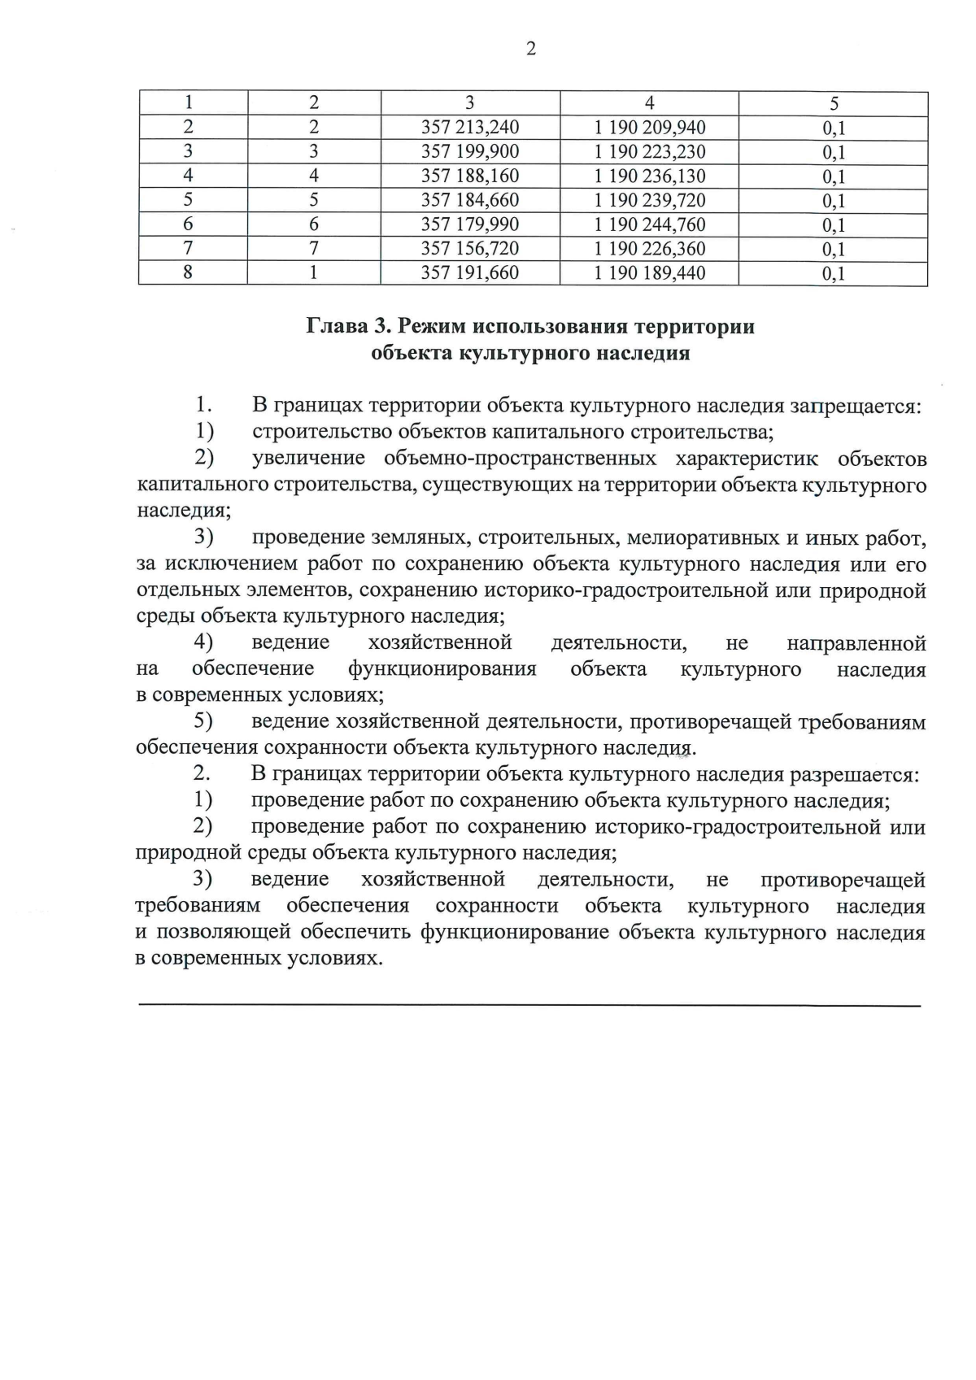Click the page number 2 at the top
tap(531, 50)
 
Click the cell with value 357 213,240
tap(469, 128)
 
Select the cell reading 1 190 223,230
tap(649, 152)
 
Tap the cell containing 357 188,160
tap(469, 176)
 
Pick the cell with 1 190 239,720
tap(649, 200)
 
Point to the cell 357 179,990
tap(469, 224)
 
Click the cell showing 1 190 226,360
tap(649, 249)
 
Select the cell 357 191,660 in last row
tap(469, 273)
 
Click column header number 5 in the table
tap(834, 103)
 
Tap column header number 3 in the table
tap(469, 103)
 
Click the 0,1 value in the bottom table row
tap(834, 274)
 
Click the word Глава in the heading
tap(336, 327)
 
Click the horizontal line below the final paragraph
tap(529, 1007)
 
